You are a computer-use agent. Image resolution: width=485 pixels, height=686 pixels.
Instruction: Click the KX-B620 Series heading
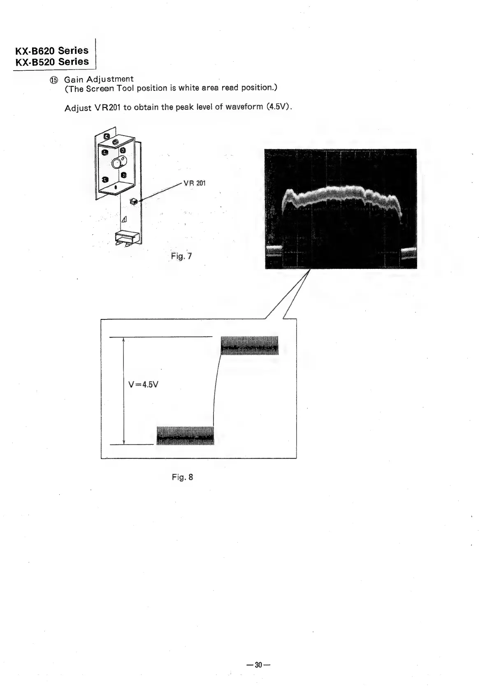point(52,51)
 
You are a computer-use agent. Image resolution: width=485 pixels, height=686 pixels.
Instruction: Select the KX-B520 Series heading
point(52,62)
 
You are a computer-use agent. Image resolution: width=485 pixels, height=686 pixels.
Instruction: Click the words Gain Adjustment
point(99,79)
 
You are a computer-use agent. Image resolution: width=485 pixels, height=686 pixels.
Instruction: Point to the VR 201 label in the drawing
point(195,183)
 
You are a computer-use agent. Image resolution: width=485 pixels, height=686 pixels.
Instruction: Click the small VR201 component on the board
point(133,201)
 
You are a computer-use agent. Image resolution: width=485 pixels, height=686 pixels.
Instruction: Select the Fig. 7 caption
point(181,256)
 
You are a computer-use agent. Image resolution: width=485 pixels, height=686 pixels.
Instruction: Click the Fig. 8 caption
point(182,477)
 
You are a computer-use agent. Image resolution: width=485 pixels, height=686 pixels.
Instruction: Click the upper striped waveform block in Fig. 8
point(249,345)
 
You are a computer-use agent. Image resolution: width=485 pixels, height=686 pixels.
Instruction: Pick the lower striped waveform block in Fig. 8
point(186,436)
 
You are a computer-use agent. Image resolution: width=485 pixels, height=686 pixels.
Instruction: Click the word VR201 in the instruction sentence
point(107,108)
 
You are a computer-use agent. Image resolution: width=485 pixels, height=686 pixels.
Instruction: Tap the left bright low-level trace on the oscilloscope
point(274,249)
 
